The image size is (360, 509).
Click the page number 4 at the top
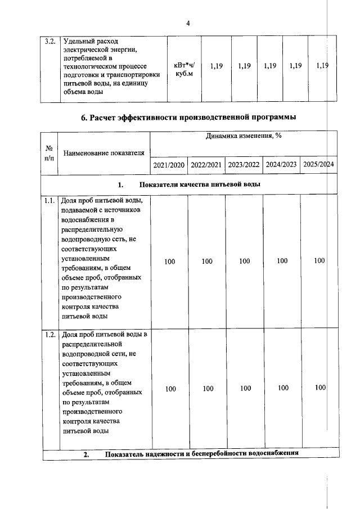point(188,23)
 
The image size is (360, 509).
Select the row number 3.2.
point(50,42)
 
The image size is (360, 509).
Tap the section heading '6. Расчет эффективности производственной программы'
point(188,118)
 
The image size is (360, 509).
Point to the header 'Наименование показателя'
point(103,153)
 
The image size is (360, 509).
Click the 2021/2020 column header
point(169,165)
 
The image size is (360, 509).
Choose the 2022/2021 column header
point(206,165)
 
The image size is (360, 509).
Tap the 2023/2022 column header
point(244,165)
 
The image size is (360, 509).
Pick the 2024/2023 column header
point(281,165)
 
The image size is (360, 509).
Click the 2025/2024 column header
point(318,165)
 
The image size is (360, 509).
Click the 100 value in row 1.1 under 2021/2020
point(169,261)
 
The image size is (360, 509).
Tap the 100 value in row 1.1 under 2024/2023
point(282,261)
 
